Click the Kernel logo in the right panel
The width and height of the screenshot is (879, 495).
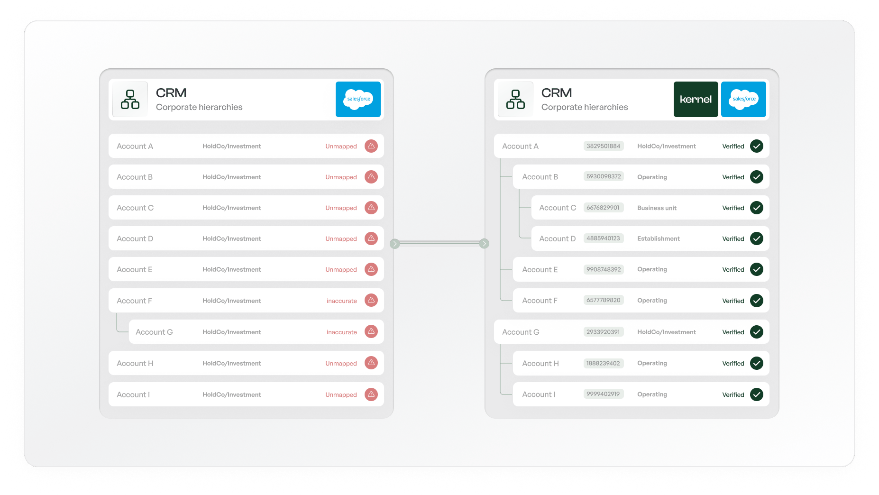pos(696,99)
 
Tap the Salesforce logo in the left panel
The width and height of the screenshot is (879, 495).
pos(358,99)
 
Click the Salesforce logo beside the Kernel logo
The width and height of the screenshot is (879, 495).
pos(743,99)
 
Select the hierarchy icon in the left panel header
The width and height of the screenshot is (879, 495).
pos(130,99)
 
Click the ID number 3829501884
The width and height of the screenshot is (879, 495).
pos(603,146)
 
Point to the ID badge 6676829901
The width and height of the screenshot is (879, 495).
pos(603,208)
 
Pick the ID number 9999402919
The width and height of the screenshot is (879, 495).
pos(603,394)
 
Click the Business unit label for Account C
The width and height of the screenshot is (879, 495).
pos(657,208)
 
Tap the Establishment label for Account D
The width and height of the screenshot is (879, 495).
pos(658,238)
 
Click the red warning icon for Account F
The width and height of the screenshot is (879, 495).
pos(371,300)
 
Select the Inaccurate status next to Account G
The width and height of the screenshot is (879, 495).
pos(341,332)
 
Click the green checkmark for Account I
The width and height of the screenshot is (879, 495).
pos(757,394)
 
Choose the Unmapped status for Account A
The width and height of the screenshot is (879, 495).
pos(341,146)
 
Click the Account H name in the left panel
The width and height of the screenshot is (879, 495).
pos(135,363)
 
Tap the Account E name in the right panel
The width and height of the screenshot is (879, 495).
pos(540,269)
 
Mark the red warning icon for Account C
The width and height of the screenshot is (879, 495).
pos(371,208)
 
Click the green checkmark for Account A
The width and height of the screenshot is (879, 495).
pos(757,146)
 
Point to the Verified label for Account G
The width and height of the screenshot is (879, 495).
pos(733,332)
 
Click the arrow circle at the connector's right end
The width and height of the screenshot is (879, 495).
pos(484,243)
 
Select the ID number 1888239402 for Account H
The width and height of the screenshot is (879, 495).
pos(603,363)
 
